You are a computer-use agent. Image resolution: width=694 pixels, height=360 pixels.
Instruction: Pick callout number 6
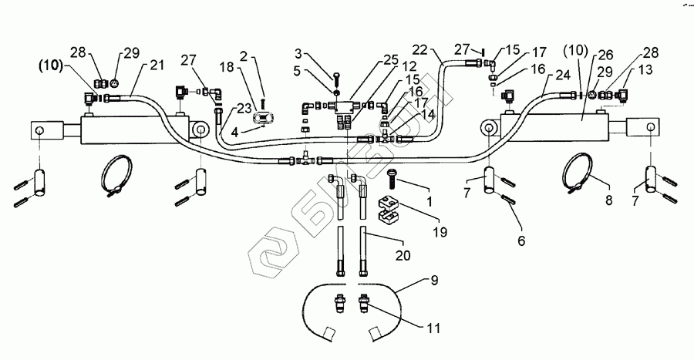[x=521, y=241]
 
